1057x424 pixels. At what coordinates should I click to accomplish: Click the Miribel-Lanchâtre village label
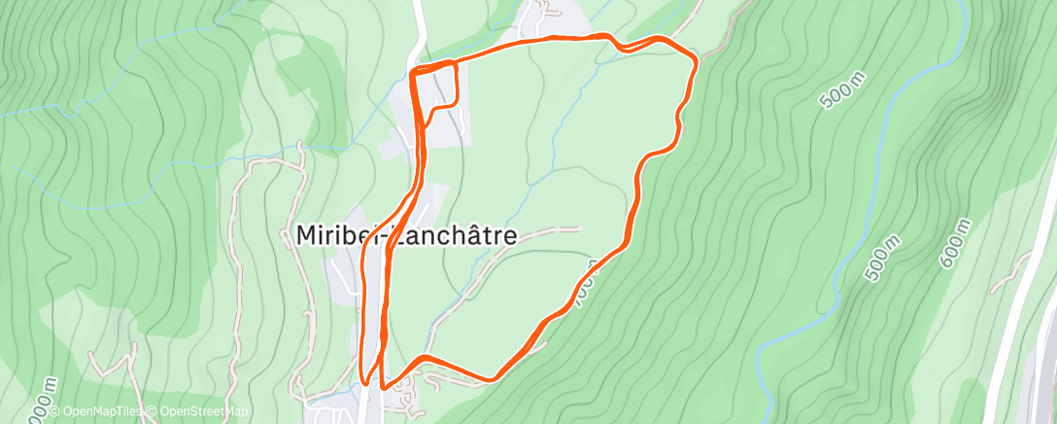pyautogui.click(x=405, y=236)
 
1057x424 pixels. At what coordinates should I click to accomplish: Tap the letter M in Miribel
pyautogui.click(x=303, y=236)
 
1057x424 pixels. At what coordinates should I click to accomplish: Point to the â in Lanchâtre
pyautogui.click(x=470, y=236)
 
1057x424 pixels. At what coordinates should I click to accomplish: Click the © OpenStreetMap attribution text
pyautogui.click(x=196, y=412)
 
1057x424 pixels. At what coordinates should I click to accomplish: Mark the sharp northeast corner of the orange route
pyautogui.click(x=695, y=60)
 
